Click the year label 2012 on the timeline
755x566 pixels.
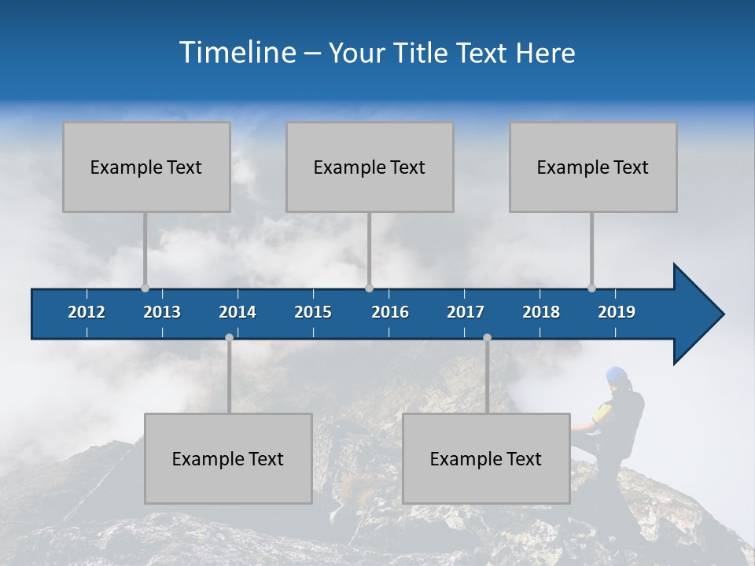pyautogui.click(x=87, y=312)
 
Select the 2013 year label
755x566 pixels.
pyautogui.click(x=162, y=312)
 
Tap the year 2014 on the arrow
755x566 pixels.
pyautogui.click(x=238, y=312)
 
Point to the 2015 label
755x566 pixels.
pyautogui.click(x=313, y=312)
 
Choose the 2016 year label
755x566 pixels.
pyautogui.click(x=390, y=312)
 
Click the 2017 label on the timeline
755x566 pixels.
pyautogui.click(x=466, y=312)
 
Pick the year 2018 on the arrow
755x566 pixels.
pyautogui.click(x=541, y=312)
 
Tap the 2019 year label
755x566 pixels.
pyautogui.click(x=617, y=312)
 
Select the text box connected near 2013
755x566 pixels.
pyautogui.click(x=146, y=167)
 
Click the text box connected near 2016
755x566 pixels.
pyautogui.click(x=370, y=167)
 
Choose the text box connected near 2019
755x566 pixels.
pyautogui.click(x=593, y=167)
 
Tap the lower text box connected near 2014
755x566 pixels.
pyautogui.click(x=228, y=459)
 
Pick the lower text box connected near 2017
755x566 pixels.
pyautogui.click(x=486, y=459)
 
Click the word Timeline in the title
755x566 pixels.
pyautogui.click(x=237, y=53)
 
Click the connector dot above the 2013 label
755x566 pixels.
pyautogui.click(x=145, y=288)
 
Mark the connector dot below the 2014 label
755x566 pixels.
pyautogui.click(x=229, y=337)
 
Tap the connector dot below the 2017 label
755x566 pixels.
pyautogui.click(x=487, y=337)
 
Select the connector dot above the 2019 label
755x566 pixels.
pyautogui.click(x=591, y=288)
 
